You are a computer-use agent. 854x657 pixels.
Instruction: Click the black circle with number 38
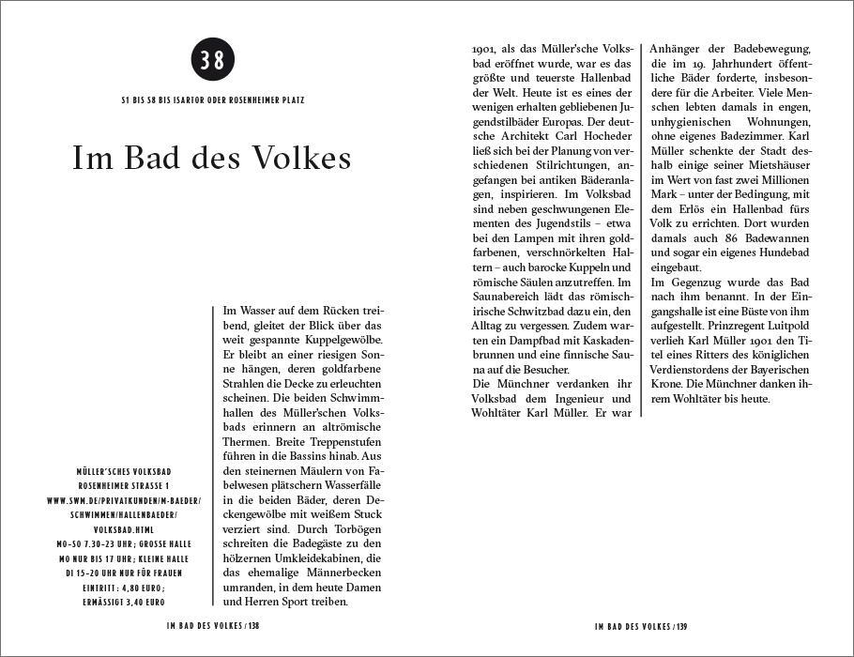(211, 60)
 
